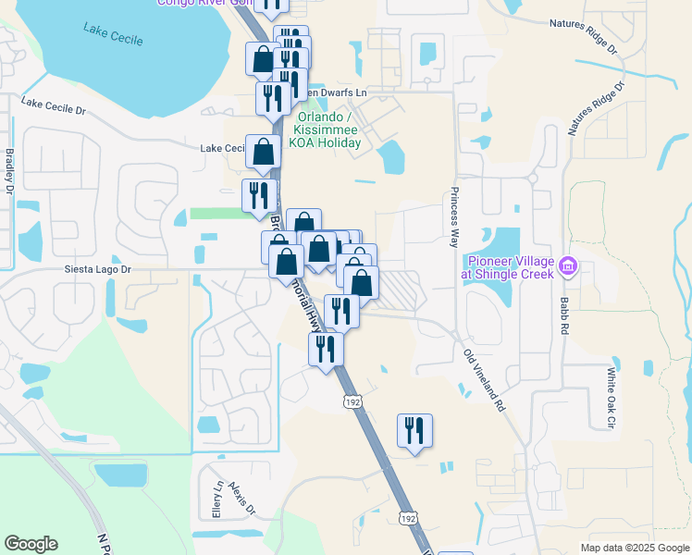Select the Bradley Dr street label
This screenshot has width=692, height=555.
[9, 171]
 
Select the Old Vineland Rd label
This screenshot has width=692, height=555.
[484, 379]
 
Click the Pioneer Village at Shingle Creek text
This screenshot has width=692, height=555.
[510, 267]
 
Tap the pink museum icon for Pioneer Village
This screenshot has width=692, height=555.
[569, 267]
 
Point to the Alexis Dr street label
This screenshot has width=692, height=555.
[241, 499]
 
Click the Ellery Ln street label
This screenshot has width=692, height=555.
[218, 499]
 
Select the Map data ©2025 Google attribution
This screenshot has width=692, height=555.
[635, 548]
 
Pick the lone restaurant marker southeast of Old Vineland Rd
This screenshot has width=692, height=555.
[414, 430]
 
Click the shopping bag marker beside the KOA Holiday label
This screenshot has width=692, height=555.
[263, 151]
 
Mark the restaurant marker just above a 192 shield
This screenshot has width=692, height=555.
[325, 349]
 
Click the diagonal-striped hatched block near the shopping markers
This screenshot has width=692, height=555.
[399, 290]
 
